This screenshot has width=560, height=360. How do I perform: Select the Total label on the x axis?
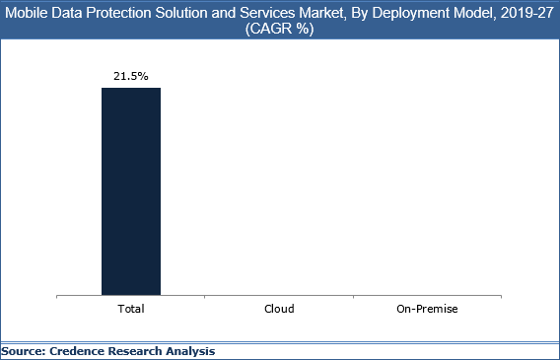coord(131,309)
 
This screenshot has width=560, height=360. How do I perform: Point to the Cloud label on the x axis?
coord(280,309)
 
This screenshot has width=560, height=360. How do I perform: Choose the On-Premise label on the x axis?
coord(428,309)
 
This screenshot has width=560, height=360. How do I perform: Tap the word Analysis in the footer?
coord(195,351)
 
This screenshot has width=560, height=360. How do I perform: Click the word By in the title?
coord(366,11)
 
